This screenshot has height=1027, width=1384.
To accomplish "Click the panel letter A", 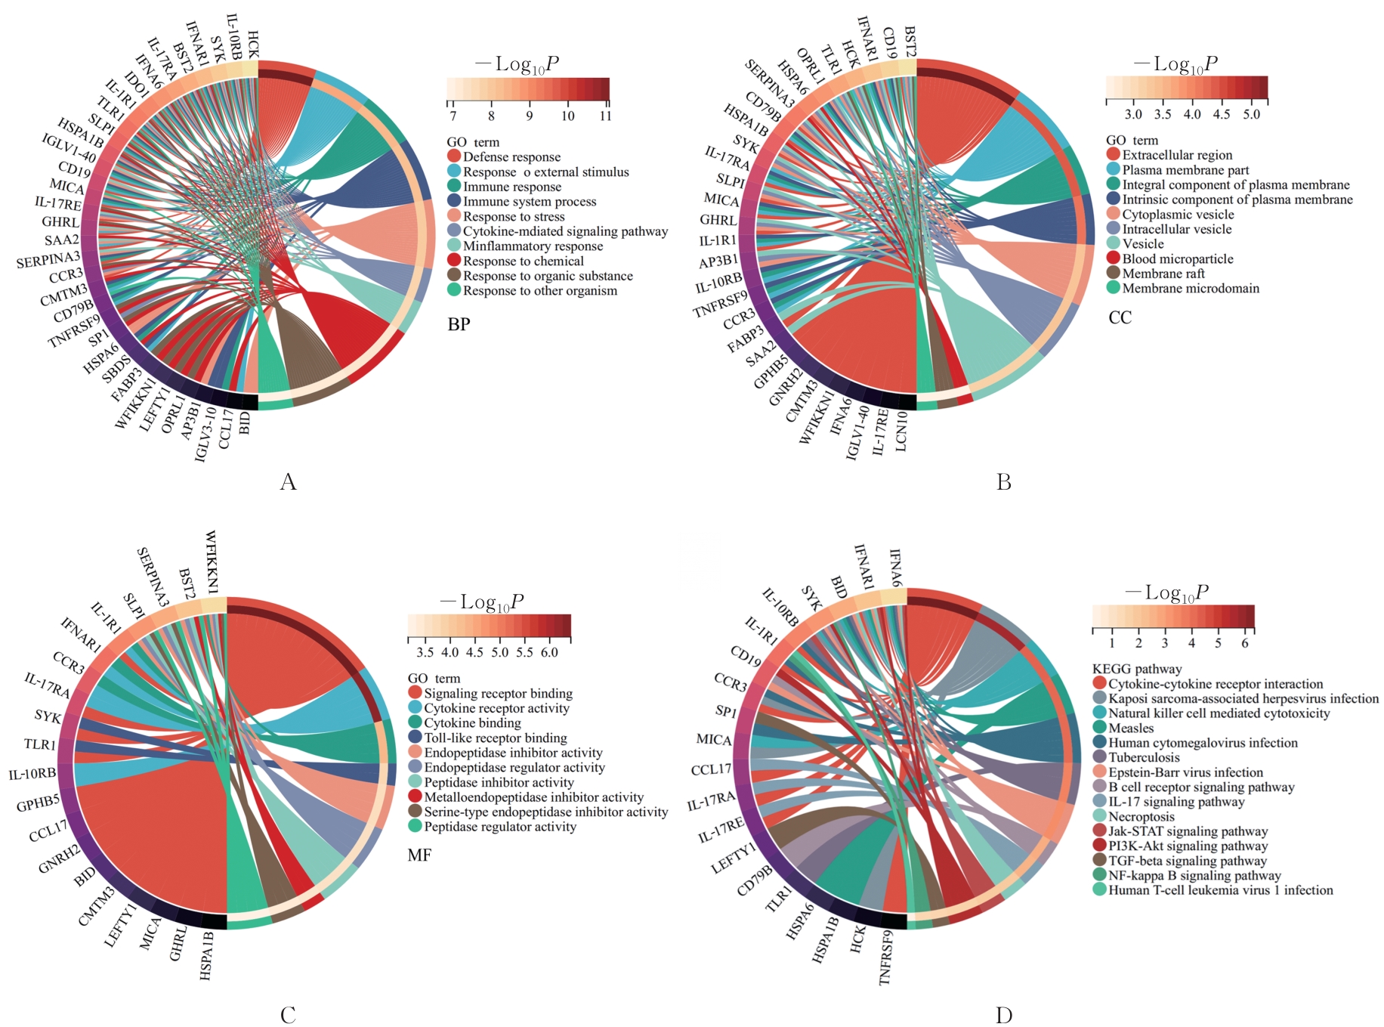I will (x=288, y=481).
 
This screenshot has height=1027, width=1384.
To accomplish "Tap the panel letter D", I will (x=1003, y=1015).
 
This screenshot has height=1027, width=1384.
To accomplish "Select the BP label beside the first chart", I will (x=459, y=324).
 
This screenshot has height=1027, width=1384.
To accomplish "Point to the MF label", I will (x=419, y=855).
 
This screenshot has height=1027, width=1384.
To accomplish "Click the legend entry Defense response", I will (x=511, y=157).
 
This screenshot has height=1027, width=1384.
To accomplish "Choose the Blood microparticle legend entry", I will (x=1177, y=259).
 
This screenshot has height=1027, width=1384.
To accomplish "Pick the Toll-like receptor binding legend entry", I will (x=495, y=738).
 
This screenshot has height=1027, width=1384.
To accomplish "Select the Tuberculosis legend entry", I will (x=1144, y=757).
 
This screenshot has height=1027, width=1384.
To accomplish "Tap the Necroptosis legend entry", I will (x=1141, y=816).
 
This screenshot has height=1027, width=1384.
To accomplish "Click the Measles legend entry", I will (x=1131, y=728).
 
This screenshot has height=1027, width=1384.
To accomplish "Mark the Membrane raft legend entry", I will (x=1163, y=274).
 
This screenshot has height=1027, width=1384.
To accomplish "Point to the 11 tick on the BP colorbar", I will (x=605, y=116).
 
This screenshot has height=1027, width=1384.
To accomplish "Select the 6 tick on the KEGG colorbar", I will (x=1245, y=643).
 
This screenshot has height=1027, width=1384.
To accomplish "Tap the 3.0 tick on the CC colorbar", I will (x=1133, y=114).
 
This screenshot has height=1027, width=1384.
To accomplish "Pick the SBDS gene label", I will (x=116, y=370).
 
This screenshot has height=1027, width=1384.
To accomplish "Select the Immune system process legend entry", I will (x=529, y=202).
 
